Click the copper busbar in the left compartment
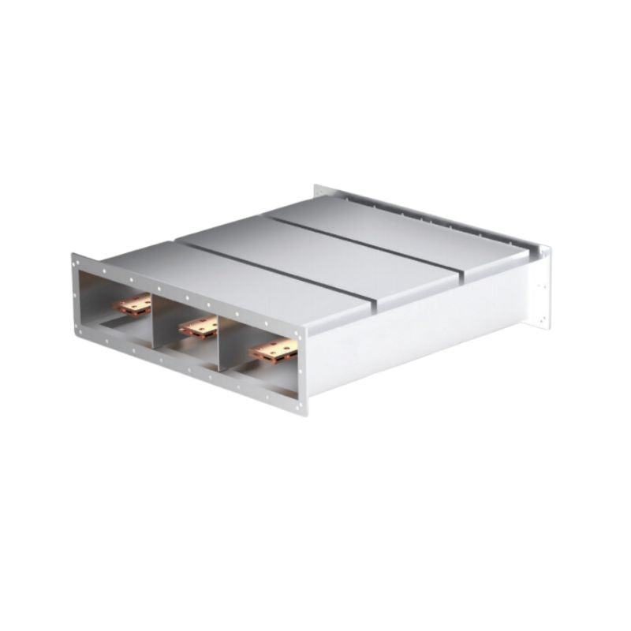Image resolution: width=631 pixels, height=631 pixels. [x=133, y=303]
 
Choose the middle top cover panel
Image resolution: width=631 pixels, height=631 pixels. [x=315, y=252]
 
